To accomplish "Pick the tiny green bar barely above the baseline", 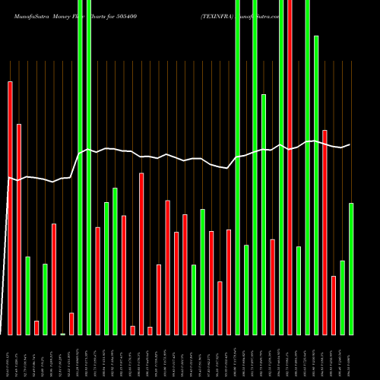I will [x=63, y=334].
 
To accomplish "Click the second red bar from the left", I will [x=19, y=229].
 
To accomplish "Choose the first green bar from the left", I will [x=28, y=296].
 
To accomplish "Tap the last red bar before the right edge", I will [x=334, y=305].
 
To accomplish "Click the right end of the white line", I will [x=350, y=144].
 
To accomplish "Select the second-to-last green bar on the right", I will [x=343, y=297].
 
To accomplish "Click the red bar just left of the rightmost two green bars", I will [x=334, y=305].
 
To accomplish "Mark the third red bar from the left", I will [x=36, y=328].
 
